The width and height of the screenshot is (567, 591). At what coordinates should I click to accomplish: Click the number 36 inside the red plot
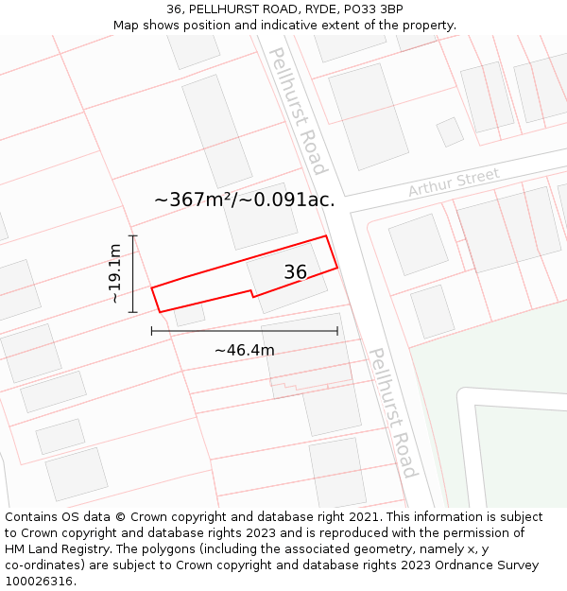[x=295, y=272]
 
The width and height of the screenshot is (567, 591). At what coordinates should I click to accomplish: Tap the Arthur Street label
[x=454, y=183]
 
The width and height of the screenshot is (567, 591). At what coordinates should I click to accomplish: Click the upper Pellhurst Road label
[x=298, y=111]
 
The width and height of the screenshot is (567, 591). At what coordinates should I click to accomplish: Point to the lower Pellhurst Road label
[x=392, y=412]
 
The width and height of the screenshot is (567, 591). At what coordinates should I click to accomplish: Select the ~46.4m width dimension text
[x=244, y=350]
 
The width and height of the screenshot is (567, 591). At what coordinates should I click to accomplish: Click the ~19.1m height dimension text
[x=114, y=273]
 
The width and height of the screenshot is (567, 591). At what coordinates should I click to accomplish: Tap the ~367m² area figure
[x=193, y=200]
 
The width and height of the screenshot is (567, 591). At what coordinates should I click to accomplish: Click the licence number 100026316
[x=40, y=582]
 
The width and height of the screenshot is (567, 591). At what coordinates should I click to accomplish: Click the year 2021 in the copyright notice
[x=362, y=517]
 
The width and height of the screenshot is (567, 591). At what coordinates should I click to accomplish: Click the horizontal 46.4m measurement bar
[x=244, y=331]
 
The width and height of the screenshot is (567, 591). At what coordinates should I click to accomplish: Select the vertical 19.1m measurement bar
[x=133, y=273]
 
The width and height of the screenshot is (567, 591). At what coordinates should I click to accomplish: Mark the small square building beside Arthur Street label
[x=450, y=131]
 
